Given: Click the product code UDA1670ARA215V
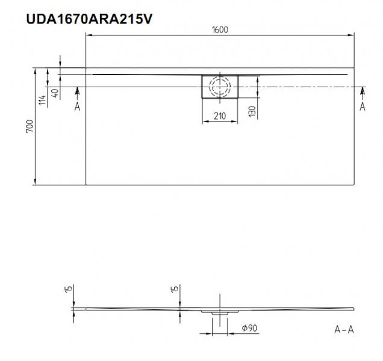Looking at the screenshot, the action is (89, 19).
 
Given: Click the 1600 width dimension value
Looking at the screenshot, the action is (220, 29).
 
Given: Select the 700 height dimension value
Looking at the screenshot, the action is (30, 126).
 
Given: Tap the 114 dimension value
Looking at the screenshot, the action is (42, 100).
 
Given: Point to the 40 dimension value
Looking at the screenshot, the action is (55, 93).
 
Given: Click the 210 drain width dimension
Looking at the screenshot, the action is (220, 116).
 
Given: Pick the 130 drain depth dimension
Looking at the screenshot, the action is (252, 111).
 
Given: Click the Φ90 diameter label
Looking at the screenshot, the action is (249, 328).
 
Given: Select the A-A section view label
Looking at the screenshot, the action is (344, 330).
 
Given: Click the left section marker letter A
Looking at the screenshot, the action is (77, 106).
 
